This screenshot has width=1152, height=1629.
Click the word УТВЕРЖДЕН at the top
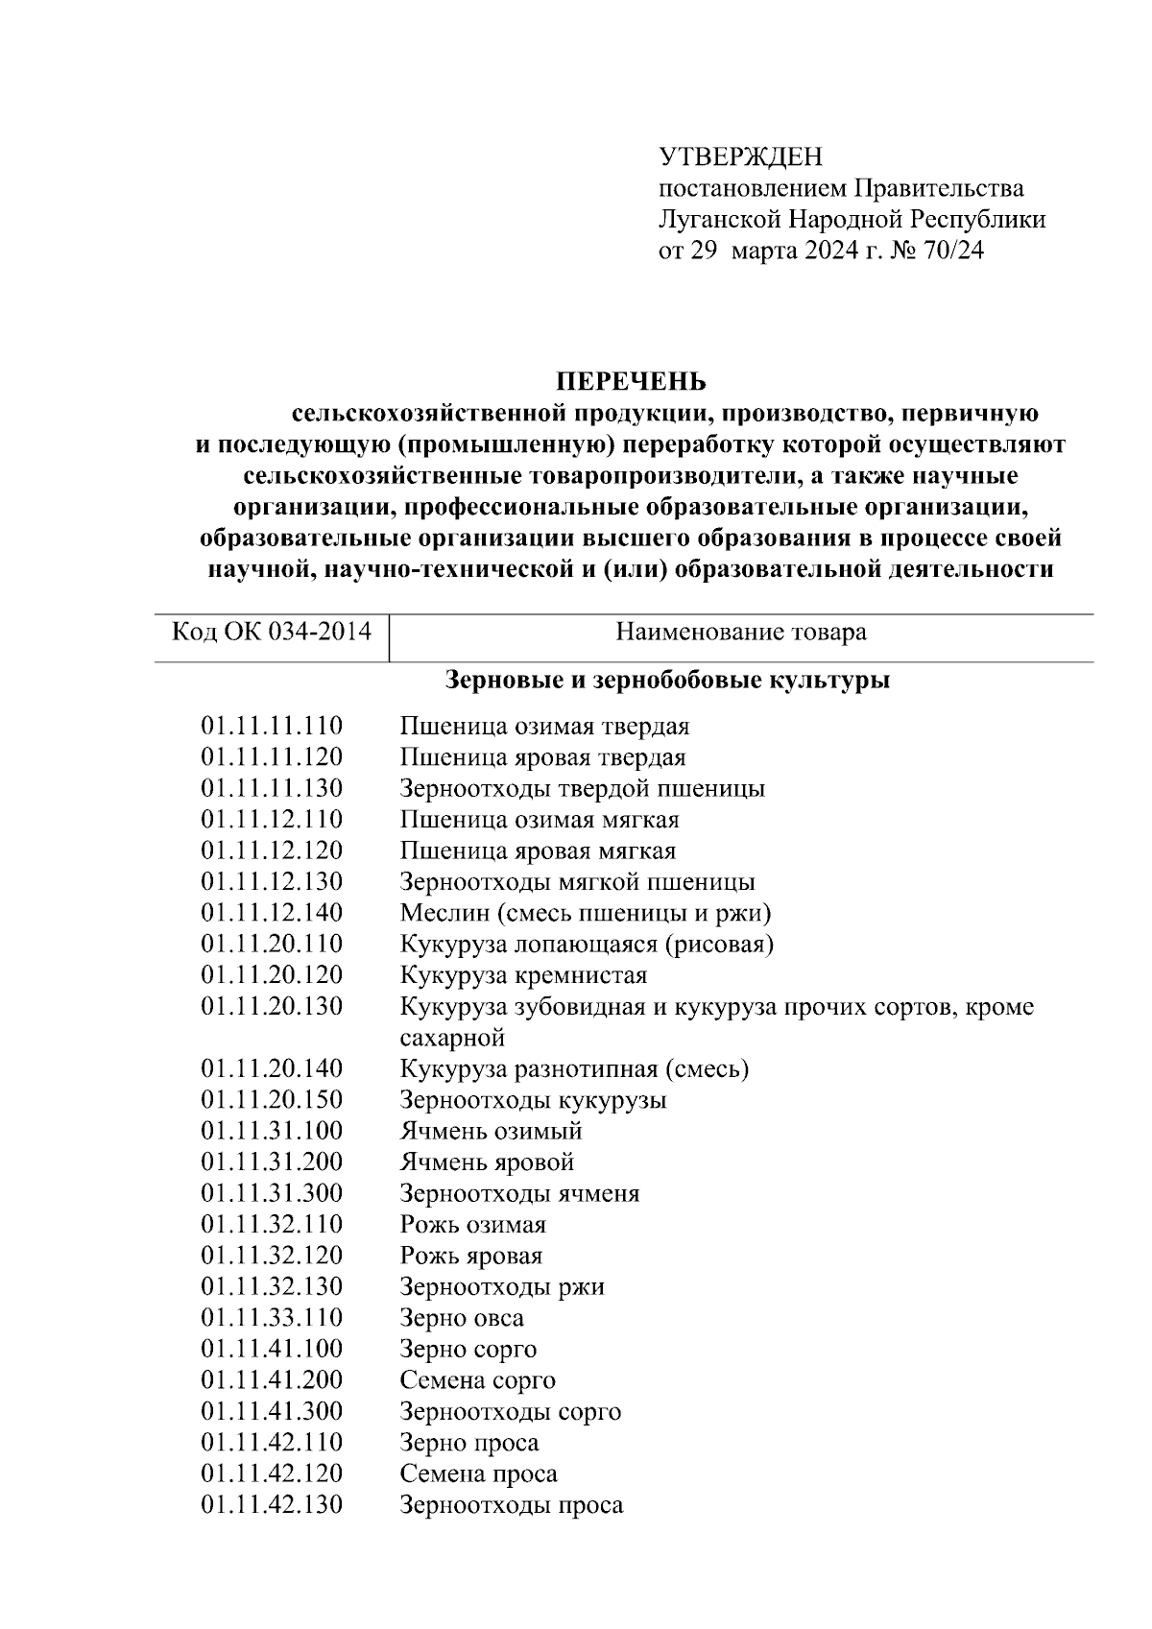click(x=740, y=156)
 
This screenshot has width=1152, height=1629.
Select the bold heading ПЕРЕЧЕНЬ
click(x=632, y=382)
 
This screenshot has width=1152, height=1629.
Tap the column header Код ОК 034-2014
click(x=272, y=632)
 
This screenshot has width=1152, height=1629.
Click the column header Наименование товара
click(x=740, y=632)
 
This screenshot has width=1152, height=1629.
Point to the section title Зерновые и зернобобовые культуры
click(x=667, y=681)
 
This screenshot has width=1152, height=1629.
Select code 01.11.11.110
click(x=272, y=726)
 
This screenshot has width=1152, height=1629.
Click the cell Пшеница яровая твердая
click(x=542, y=757)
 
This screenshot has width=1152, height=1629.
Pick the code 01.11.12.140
click(x=272, y=913)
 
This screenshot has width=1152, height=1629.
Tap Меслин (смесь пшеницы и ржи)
click(x=585, y=913)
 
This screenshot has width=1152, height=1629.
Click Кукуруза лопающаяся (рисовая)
click(x=587, y=944)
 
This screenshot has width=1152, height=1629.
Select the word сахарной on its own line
click(x=451, y=1038)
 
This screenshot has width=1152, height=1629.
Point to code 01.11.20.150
click(x=272, y=1099)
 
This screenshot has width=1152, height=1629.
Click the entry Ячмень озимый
click(x=491, y=1131)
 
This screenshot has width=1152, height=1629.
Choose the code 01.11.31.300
click(x=272, y=1193)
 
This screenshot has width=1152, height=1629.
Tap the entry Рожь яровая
click(x=470, y=1256)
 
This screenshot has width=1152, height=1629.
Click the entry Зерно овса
click(x=462, y=1318)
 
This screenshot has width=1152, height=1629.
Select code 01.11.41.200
click(x=272, y=1380)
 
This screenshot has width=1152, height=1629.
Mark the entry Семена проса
click(x=478, y=1473)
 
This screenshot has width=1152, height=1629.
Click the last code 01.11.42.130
click(x=272, y=1504)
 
